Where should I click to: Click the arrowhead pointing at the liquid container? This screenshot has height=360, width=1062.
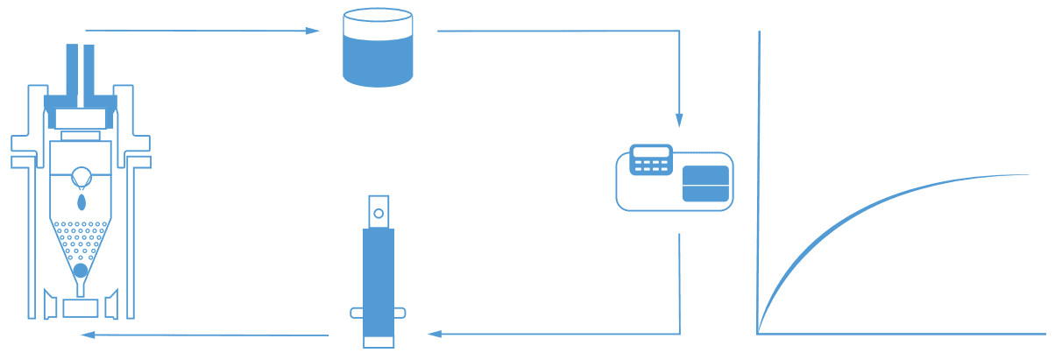coord(312,31)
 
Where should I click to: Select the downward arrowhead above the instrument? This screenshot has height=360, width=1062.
coord(679,120)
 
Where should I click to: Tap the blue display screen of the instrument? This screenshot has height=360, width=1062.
coord(705,183)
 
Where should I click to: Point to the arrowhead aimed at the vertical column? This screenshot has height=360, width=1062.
coord(435,334)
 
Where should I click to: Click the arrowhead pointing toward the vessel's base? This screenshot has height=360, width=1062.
coord(87,335)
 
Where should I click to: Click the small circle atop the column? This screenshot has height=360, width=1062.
coord(379,213)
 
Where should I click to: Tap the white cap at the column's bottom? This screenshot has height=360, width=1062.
coord(379,342)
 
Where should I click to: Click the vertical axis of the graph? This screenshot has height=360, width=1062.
coord(759,175)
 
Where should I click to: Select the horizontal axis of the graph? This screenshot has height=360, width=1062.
coord(903,334)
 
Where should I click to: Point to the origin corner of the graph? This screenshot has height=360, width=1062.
coord(758,334)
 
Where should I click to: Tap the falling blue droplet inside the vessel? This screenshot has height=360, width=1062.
coord(81,202)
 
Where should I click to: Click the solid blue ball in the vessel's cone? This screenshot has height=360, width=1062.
coord(81,270)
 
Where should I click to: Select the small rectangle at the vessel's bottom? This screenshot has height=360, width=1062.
coord(81,307)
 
